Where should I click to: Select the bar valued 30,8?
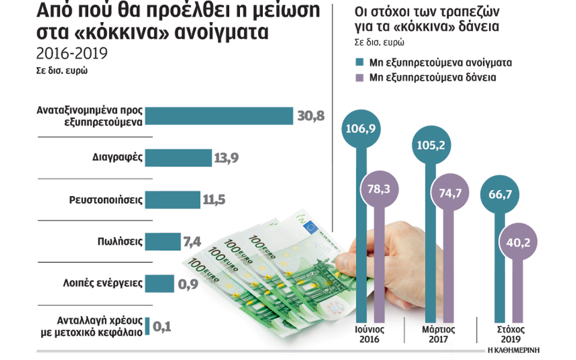tap(220, 116)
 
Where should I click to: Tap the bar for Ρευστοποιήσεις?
tap(173, 200)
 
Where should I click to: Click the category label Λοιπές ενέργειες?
tap(103, 283)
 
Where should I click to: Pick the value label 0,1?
tap(163, 326)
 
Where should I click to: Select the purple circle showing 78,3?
tap(379, 188)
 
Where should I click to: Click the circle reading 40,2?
tap(517, 243)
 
